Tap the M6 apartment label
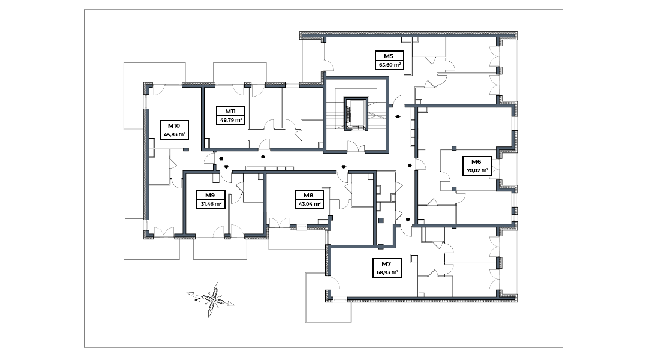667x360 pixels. click(476, 161)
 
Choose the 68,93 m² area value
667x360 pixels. click(386, 272)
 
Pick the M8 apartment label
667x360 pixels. click(308, 195)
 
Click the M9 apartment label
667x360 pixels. click(210, 195)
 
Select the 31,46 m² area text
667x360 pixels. click(211, 203)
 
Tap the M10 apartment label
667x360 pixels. click(174, 126)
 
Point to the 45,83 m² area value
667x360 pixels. click(174, 134)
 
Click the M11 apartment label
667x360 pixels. click(230, 111)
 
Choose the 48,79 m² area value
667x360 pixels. click(230, 119)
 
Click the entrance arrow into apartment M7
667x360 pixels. click(408, 220)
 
